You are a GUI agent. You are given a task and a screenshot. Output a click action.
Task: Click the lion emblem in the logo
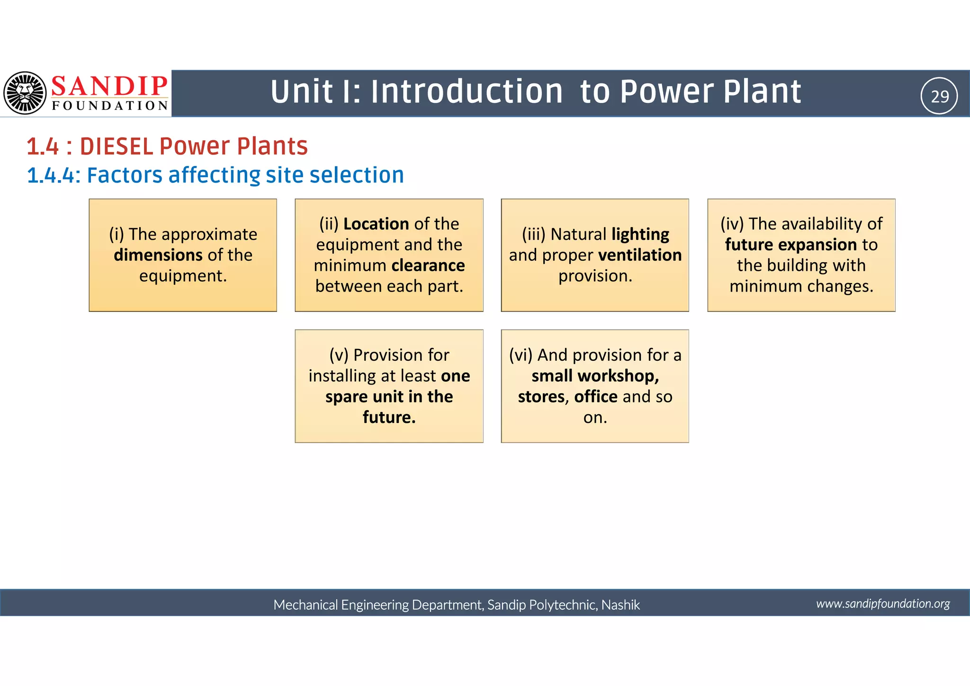25,93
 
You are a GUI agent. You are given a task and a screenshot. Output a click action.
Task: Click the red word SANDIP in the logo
109,86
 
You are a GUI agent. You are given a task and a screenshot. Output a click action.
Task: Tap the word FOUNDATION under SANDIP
110,106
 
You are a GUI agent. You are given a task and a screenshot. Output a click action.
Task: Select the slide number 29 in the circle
939,96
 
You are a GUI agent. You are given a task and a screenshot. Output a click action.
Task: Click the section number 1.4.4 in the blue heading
51,175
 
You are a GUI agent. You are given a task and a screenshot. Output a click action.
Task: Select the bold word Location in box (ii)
376,224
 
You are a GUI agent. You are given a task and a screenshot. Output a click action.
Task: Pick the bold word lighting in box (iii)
640,234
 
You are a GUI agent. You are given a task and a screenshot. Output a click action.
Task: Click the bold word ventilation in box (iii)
640,255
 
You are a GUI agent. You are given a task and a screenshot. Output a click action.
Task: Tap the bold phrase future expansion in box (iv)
790,245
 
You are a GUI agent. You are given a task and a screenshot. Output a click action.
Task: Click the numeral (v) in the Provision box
339,355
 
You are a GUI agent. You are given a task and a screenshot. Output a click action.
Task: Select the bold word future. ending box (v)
389,417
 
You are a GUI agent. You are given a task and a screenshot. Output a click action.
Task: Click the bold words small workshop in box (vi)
594,376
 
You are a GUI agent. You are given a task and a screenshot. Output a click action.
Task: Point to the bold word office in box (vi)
595,397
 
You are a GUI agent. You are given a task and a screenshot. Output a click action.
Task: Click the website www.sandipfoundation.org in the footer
882,604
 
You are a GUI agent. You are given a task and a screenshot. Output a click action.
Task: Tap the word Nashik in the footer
620,605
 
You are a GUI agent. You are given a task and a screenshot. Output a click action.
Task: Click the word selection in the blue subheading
356,175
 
